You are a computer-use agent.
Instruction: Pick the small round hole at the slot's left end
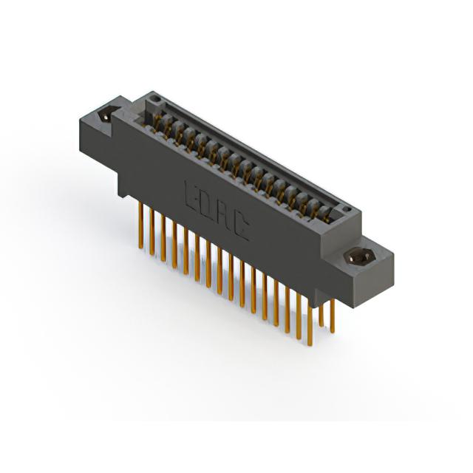(156, 98)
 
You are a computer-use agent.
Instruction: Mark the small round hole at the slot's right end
(347, 208)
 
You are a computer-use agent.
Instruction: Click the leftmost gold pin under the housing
(140, 225)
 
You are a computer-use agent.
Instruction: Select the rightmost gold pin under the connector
(333, 316)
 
